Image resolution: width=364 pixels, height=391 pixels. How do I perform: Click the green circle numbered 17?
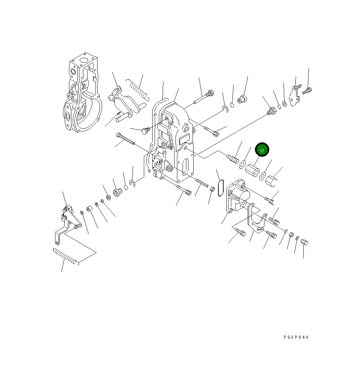point(262,150)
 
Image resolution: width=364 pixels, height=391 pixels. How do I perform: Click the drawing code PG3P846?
point(296,337)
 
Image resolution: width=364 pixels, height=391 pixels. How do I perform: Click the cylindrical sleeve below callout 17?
point(253,170)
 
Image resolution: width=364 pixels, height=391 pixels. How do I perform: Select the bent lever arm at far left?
point(65,225)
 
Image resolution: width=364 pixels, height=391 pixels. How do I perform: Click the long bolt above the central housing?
point(204,97)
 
